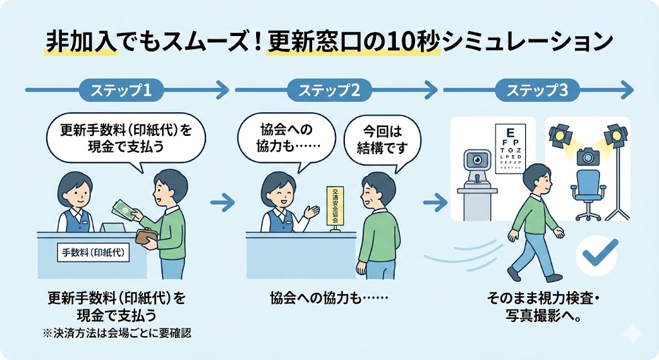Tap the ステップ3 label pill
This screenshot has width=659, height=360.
[537, 90]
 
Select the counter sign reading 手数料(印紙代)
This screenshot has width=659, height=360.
[93, 252]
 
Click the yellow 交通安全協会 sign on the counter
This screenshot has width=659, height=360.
[333, 205]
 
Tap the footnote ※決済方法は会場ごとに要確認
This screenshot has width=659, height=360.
[116, 333]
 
